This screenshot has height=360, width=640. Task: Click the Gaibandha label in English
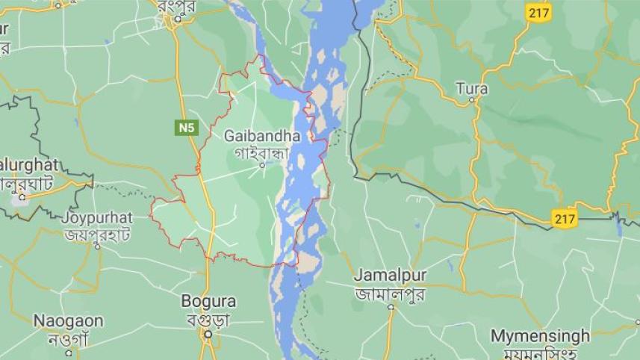pyautogui.click(x=261, y=137)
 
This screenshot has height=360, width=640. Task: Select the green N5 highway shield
pyautogui.click(x=187, y=128)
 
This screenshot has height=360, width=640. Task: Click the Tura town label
pyautogui.click(x=471, y=88)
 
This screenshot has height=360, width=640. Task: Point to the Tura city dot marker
pyautogui.click(x=472, y=99)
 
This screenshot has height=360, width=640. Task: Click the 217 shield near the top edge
pyautogui.click(x=537, y=12)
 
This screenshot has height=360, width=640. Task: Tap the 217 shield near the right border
pyautogui.click(x=565, y=219)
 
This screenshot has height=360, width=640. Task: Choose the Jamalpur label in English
pyautogui.click(x=390, y=275)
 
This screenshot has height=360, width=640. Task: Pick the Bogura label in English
pyautogui.click(x=208, y=302)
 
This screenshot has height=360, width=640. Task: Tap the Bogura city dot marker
pyautogui.click(x=209, y=334)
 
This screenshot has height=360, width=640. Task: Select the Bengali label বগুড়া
pyautogui.click(x=208, y=319)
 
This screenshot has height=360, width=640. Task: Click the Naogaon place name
pyautogui.click(x=68, y=320)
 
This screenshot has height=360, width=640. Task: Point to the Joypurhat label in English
pyautogui.click(x=97, y=218)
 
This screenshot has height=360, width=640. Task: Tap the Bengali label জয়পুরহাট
pyautogui.click(x=97, y=235)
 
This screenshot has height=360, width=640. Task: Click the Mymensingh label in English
pyautogui.click(x=540, y=335)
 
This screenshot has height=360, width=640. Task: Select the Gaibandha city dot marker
pyautogui.click(x=262, y=164)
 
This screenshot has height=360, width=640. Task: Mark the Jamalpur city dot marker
pyautogui.click(x=391, y=306)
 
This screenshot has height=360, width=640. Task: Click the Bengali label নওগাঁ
pyautogui.click(x=68, y=339)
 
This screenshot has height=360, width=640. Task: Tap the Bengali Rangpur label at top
pyautogui.click(x=177, y=5)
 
